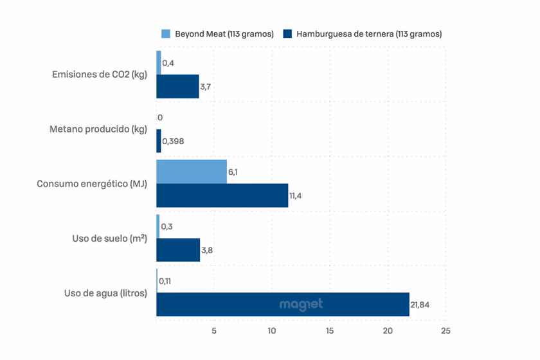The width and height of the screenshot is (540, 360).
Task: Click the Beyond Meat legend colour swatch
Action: [166, 34]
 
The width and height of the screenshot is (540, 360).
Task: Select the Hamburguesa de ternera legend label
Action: [368, 34]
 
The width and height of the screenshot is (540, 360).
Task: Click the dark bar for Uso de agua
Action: [283, 305]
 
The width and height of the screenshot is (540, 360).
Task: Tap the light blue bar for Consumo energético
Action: [192, 172]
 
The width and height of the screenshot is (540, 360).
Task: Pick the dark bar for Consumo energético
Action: [222, 195]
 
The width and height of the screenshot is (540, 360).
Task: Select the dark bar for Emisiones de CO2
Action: [178, 86]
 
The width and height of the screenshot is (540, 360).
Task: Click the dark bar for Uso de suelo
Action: [178, 250]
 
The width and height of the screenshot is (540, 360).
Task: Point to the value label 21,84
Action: [419, 305]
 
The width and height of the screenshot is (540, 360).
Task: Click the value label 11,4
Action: [296, 195]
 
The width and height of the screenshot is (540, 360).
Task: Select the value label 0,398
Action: [173, 141]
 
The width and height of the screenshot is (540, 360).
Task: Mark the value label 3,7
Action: [206, 86]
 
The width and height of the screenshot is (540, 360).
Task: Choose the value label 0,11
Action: [165, 281]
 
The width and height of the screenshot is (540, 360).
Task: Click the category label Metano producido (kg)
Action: [98, 129]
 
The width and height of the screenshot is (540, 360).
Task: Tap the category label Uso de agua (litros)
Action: [105, 293]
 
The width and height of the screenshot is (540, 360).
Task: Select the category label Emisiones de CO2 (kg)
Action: [100, 75]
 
